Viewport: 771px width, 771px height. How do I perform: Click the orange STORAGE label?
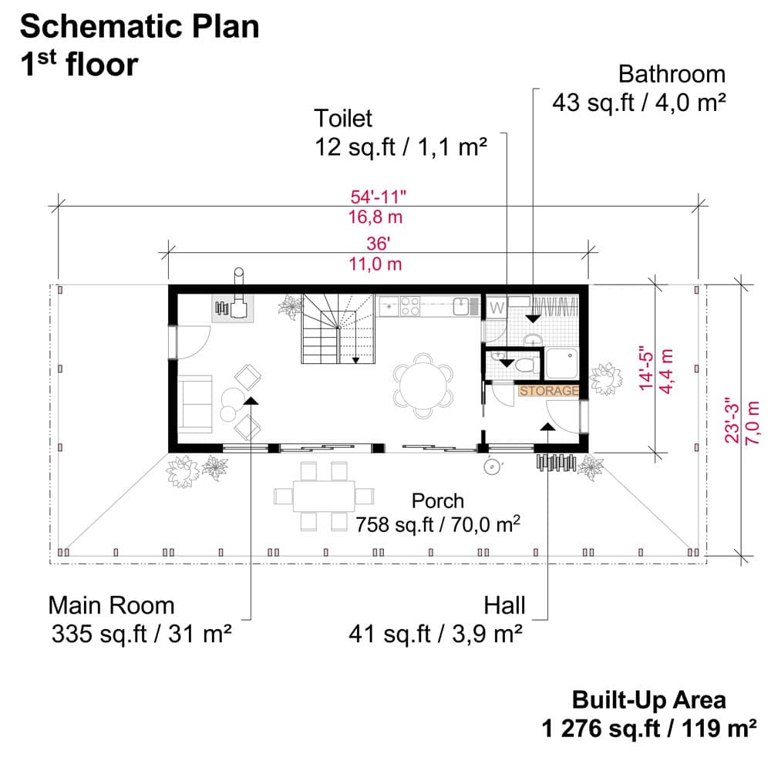tap(549, 391)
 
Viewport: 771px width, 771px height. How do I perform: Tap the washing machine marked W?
tap(497, 306)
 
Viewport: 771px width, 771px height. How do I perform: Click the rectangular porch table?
tap(323, 496)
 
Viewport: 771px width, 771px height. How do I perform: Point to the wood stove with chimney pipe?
tap(234, 306)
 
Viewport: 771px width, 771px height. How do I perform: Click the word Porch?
tap(438, 500)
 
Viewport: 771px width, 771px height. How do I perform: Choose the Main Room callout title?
tap(111, 605)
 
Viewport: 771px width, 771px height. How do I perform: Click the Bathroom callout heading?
tap(672, 74)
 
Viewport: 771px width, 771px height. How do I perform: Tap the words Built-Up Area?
tap(648, 700)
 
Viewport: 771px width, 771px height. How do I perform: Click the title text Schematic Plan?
tap(139, 27)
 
